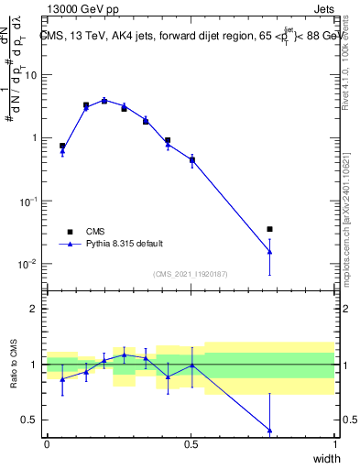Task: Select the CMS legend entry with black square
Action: pyautogui.click(x=95, y=232)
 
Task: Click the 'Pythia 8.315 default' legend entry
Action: pyautogui.click(x=125, y=244)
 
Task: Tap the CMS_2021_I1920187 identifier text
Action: pyautogui.click(x=190, y=274)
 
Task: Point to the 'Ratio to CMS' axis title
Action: pyautogui.click(x=15, y=365)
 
